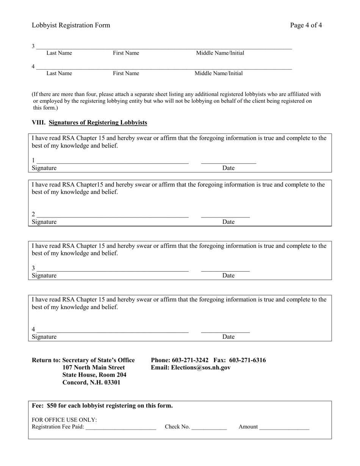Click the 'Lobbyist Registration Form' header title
71,25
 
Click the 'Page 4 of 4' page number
306,25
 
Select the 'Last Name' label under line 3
59,53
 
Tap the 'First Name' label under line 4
126,73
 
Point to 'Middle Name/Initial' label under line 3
220,53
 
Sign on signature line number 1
112,162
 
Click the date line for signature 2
225,216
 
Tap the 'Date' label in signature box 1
228,168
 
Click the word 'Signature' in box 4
44,337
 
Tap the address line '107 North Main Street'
94,367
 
